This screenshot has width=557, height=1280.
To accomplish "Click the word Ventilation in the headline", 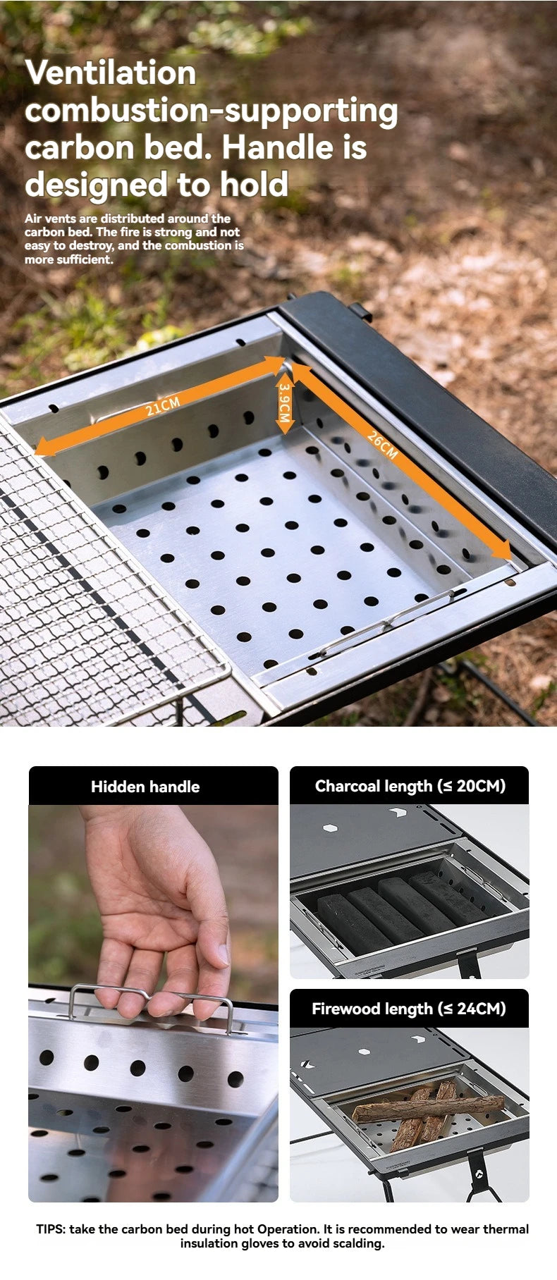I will [111, 73].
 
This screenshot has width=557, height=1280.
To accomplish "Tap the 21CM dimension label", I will [163, 406].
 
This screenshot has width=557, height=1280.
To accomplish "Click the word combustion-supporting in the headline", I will [211, 111].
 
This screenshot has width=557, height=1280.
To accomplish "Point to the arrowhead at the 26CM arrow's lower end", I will [502, 550].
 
